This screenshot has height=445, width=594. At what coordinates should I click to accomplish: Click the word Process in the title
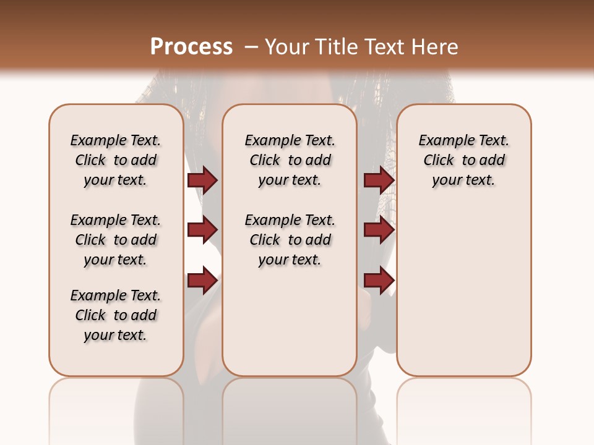191,46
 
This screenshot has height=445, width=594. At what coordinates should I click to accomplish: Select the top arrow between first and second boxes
202,180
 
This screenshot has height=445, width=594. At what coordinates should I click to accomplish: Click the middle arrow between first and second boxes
202,230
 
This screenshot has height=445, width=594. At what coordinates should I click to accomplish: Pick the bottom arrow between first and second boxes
202,281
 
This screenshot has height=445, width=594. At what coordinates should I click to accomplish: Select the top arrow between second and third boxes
379,180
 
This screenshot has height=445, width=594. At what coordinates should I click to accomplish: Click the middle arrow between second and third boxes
379,230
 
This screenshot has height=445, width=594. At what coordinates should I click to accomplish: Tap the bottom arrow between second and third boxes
379,281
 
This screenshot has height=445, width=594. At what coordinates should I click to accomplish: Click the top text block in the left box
116,160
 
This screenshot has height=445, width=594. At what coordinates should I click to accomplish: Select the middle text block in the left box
116,240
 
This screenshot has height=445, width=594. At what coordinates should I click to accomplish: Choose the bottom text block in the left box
116,315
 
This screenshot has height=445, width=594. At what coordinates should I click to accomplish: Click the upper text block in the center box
290,160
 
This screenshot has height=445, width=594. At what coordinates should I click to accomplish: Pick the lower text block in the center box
290,240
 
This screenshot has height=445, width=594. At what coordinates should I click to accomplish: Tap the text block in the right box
463,160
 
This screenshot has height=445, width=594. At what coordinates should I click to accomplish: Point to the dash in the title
251,47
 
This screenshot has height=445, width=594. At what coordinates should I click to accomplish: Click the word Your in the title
287,46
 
